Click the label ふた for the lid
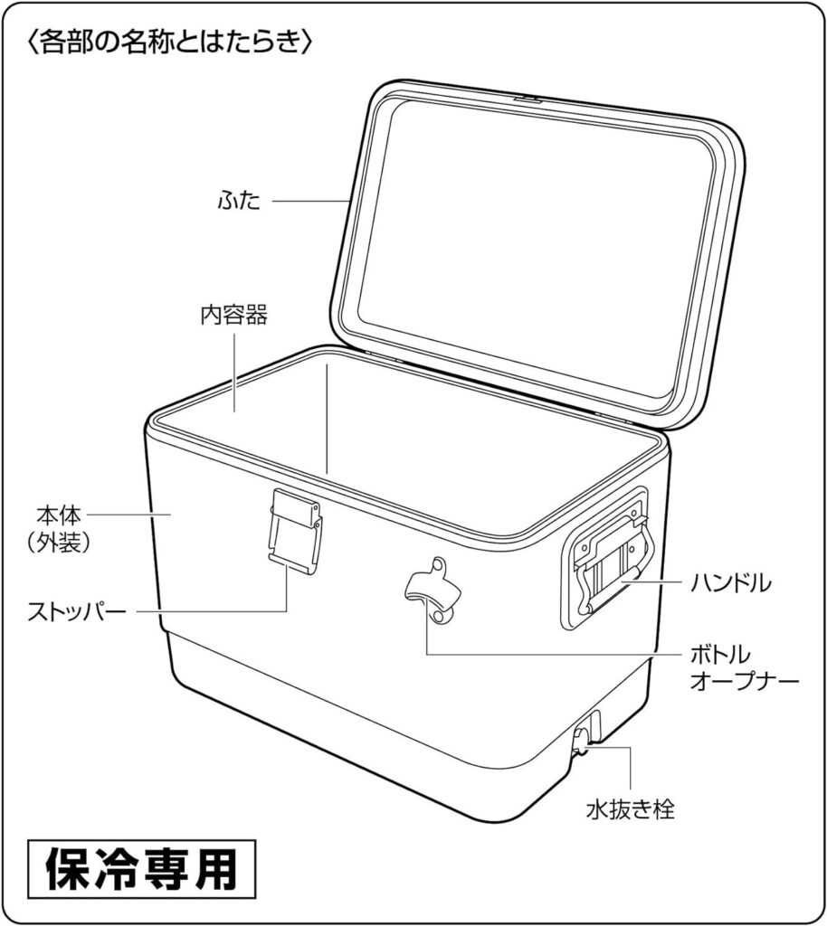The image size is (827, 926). coord(239,202)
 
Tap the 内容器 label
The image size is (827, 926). coord(234,315)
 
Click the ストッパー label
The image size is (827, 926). coord(77,611)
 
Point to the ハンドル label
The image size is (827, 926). coord(731,583)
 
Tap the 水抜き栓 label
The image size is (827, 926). coord(631,808)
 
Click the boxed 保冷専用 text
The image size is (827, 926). coord(142,869)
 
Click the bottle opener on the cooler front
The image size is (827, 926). coord(433,590)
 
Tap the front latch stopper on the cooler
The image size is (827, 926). coord(295,530)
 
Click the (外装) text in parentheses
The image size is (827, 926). coord(59,543)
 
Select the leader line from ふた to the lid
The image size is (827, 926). coord(310,202)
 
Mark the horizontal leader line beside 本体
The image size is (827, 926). coord(129,515)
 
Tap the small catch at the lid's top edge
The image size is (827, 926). coord(528,99)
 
